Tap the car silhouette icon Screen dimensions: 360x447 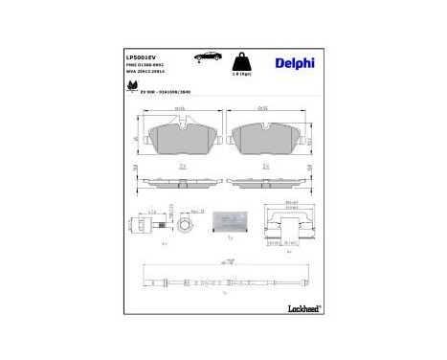point(205,57)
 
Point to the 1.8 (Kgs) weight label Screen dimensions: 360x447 point(243,73)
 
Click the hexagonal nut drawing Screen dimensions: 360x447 point(186,226)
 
